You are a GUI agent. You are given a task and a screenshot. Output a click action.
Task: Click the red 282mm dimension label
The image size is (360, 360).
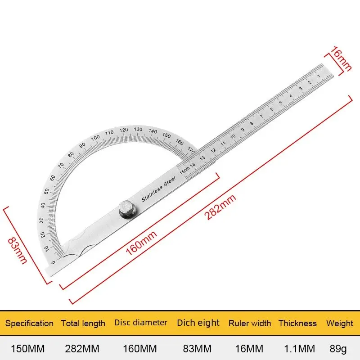point(220,207)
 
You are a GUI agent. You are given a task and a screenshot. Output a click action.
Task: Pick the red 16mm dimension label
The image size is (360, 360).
point(339,57)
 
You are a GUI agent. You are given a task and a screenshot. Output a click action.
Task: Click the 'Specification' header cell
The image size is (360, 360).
point(29,323)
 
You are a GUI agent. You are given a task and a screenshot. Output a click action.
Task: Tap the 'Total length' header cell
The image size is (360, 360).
point(83,323)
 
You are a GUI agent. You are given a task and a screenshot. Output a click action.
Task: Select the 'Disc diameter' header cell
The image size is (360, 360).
point(141,322)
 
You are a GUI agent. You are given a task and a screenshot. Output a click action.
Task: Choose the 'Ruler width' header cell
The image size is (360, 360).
point(250,323)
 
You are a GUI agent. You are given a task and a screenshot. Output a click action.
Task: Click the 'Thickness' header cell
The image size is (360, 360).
point(297,323)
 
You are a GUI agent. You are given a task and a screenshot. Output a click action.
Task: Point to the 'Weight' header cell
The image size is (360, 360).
point(340,323)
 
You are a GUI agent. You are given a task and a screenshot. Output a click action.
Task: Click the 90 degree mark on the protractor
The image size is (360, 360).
point(82,145)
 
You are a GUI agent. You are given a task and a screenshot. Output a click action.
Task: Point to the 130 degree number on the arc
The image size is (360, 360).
point(138,129)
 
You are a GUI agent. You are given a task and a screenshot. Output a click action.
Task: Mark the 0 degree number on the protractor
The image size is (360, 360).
point(54,262)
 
